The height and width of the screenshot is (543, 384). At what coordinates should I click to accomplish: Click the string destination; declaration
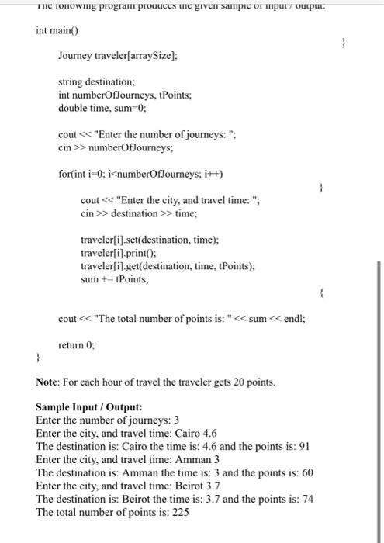(x=97, y=81)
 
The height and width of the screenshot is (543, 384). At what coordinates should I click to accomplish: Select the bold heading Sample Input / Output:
(x=87, y=407)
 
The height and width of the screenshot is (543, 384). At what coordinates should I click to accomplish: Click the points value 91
(x=304, y=446)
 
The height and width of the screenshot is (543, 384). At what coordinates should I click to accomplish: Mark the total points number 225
(x=182, y=511)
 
